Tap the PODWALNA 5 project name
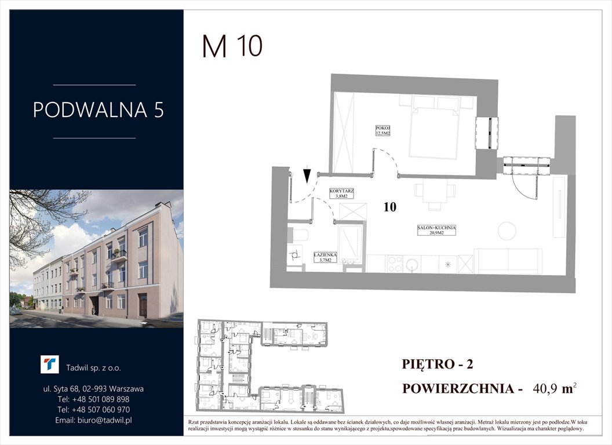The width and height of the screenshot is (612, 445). coord(98,110)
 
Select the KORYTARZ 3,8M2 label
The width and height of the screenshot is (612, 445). coord(341,194)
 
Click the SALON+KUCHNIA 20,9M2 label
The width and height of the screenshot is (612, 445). coord(436,230)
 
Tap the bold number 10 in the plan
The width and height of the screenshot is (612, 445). coord(390,207)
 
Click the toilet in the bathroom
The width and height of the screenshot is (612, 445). coord(300,235)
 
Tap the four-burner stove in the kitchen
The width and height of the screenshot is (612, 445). coord(395,264)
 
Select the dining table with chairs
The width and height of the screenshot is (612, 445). coord(434,195)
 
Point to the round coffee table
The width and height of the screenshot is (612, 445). coord(507,231)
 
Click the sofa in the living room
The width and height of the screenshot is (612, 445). coord(508,261)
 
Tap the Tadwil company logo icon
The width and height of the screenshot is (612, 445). coord(49,365)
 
